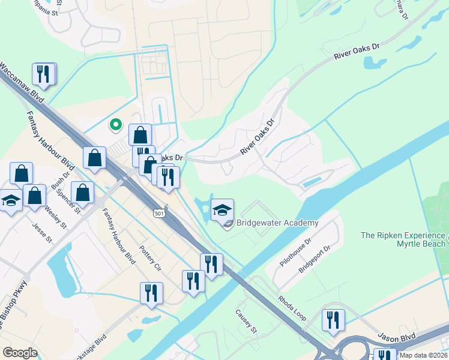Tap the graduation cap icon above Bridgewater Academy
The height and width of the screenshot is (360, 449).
(x=222, y=209)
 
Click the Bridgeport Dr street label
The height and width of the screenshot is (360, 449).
(x=315, y=259)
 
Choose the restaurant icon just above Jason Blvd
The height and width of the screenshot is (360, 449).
(x=333, y=320)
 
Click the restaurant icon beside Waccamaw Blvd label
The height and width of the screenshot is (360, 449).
(x=43, y=74)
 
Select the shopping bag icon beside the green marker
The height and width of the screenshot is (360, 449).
(x=140, y=134)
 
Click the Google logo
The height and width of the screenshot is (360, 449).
(x=20, y=352)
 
